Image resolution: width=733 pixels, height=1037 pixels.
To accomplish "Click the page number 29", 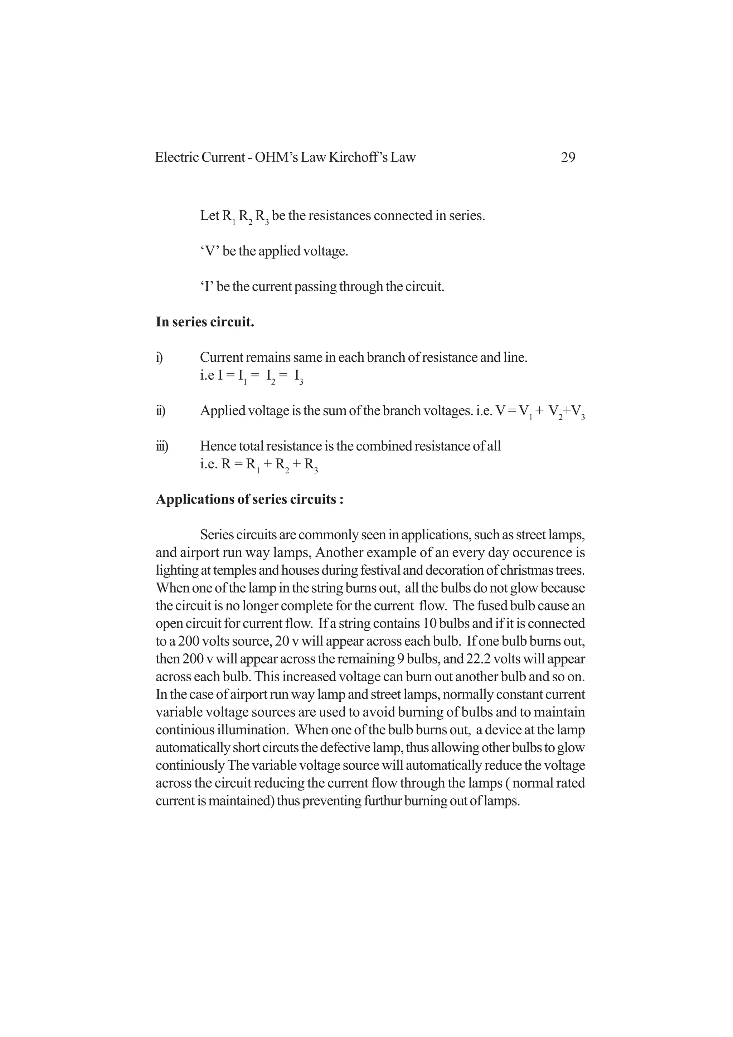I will click(x=568, y=158).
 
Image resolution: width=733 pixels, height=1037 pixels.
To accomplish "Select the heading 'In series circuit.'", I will click(x=205, y=322).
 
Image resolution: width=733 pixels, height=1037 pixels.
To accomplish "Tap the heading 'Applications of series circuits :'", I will click(x=250, y=500).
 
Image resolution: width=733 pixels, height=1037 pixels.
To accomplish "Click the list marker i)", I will click(x=159, y=358).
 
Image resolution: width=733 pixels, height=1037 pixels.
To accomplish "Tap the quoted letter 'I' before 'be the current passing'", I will click(x=207, y=287).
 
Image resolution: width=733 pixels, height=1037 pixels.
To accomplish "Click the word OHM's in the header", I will click(x=276, y=158).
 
